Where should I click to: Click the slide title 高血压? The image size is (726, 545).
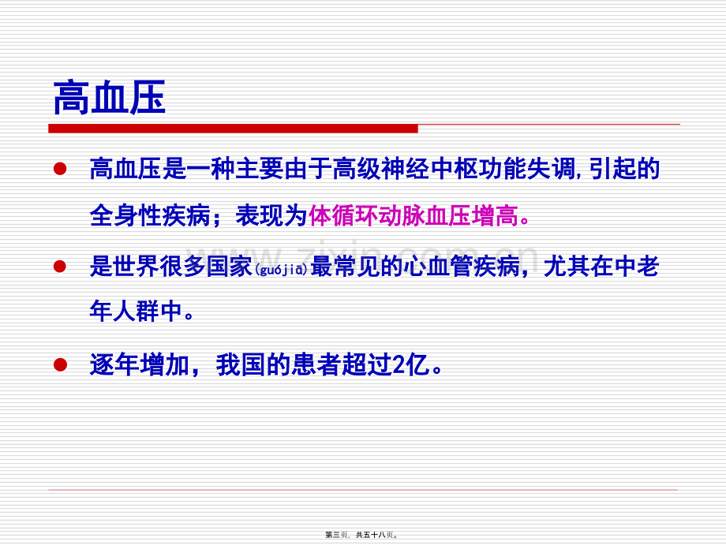click(x=109, y=98)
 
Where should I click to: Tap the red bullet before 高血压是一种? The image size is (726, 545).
click(x=60, y=169)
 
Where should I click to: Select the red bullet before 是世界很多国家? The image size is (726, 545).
click(x=60, y=267)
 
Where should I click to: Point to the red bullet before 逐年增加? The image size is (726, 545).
click(x=60, y=364)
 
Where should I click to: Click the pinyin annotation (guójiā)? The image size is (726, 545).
click(x=282, y=269)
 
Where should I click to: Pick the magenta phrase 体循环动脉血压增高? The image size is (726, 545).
click(x=414, y=215)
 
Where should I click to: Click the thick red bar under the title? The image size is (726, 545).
click(x=233, y=129)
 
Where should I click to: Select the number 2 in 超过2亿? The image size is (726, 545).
click(x=399, y=364)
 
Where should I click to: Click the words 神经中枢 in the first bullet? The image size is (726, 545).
click(x=429, y=169)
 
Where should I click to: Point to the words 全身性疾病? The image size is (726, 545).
click(x=150, y=215)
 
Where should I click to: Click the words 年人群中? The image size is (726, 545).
click(x=136, y=311)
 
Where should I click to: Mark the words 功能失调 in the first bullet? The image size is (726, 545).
click(x=526, y=169)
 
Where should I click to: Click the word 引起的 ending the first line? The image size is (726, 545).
click(x=625, y=169)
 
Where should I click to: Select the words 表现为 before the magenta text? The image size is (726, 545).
click(x=271, y=215)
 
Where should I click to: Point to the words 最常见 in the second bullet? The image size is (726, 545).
click(x=345, y=267)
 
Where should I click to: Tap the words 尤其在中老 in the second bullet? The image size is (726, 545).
click(x=601, y=267)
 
